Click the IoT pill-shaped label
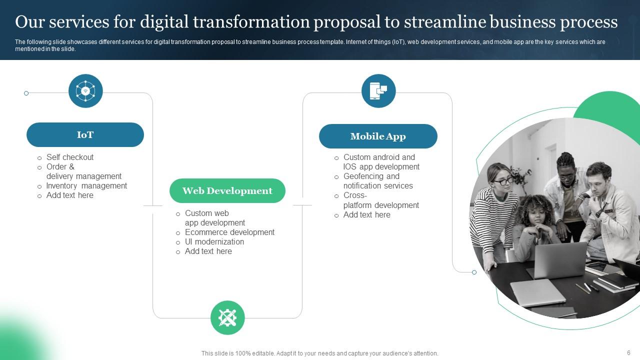(85, 135)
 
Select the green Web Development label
(227, 191)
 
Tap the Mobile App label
(378, 136)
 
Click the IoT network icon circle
(85, 91)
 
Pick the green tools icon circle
(227, 317)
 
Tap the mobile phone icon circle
(378, 91)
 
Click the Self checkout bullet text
(70, 157)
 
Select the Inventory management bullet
(86, 185)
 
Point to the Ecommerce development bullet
(229, 232)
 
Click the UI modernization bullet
(214, 241)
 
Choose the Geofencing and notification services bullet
(378, 181)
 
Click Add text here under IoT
(70, 195)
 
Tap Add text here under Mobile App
(366, 214)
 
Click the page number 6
(628, 352)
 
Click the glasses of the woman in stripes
(503, 181)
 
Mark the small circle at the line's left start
(26, 93)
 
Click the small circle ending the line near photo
(474, 272)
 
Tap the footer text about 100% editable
(319, 353)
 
